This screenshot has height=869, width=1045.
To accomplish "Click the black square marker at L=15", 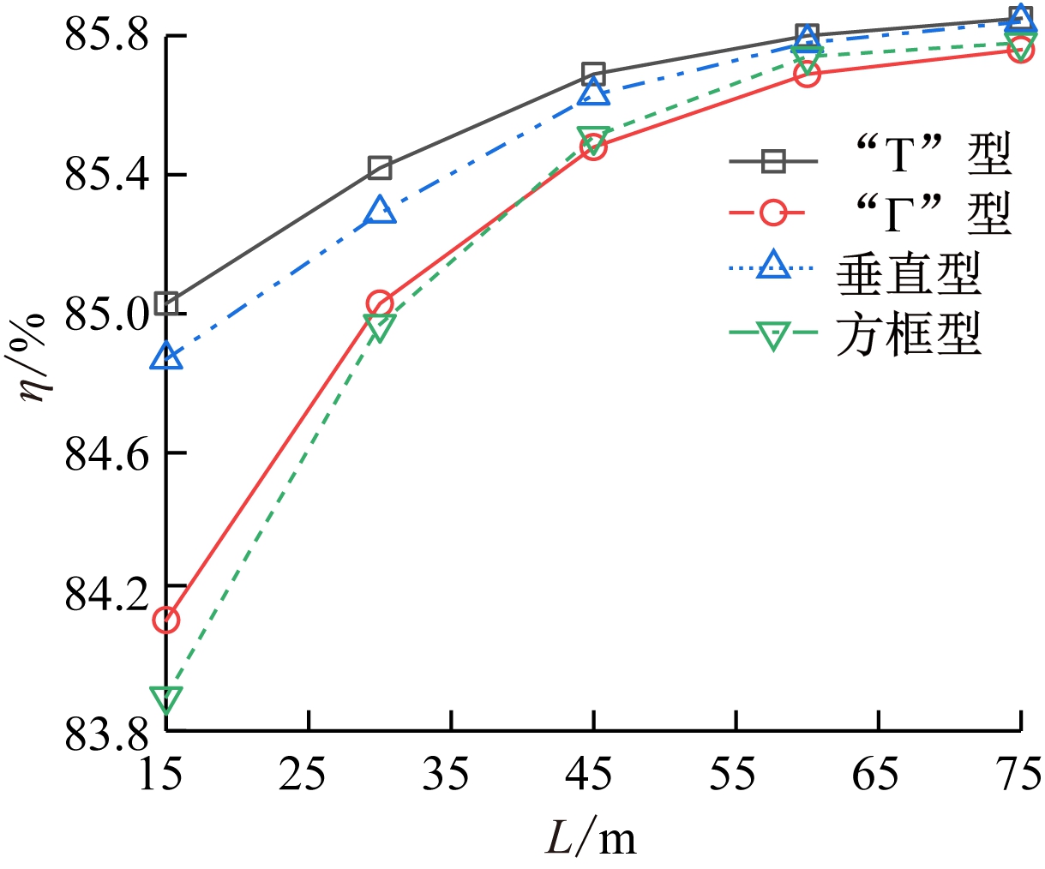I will coord(166,303).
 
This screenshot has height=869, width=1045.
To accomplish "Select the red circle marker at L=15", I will coord(166,620).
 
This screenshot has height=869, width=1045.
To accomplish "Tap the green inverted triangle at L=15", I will coord(166,698).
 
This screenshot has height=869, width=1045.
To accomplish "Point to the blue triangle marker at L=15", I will coord(166,357).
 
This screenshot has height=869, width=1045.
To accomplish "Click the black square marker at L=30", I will coord(380,167).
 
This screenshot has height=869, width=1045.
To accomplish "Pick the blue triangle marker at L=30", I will coord(380,211).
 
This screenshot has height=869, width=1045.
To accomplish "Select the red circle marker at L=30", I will coord(380,303).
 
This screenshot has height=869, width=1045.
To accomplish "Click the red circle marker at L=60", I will coord(806,75).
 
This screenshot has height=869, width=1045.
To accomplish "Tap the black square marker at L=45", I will coord(593,73).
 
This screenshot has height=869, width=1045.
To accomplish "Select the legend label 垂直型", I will coord(908,273).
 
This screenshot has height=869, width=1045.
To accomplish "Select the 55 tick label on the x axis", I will coord(735,776).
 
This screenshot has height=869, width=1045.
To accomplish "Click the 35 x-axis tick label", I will coord(449,776).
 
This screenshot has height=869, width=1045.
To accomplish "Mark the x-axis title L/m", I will coord(592,838).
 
